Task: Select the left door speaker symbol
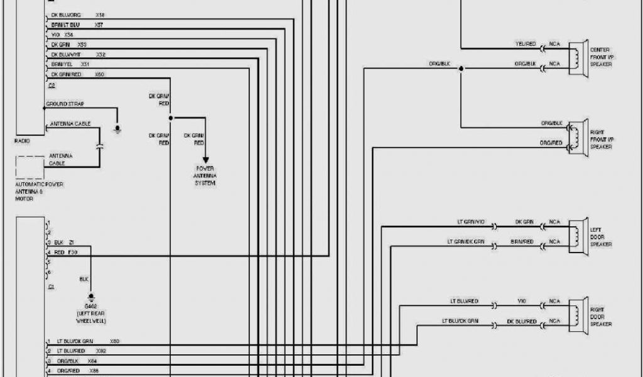(578, 234)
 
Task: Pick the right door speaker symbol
(578, 314)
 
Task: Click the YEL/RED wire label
(525, 44)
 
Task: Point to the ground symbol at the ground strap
(117, 129)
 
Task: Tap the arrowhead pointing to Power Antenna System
(205, 160)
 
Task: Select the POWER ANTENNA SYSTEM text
(205, 176)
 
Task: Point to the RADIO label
(22, 141)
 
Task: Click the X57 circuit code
(99, 25)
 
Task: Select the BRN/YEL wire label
(62, 64)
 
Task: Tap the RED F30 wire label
(65, 251)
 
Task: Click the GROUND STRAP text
(65, 104)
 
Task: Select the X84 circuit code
(93, 361)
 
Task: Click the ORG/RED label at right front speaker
(551, 143)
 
